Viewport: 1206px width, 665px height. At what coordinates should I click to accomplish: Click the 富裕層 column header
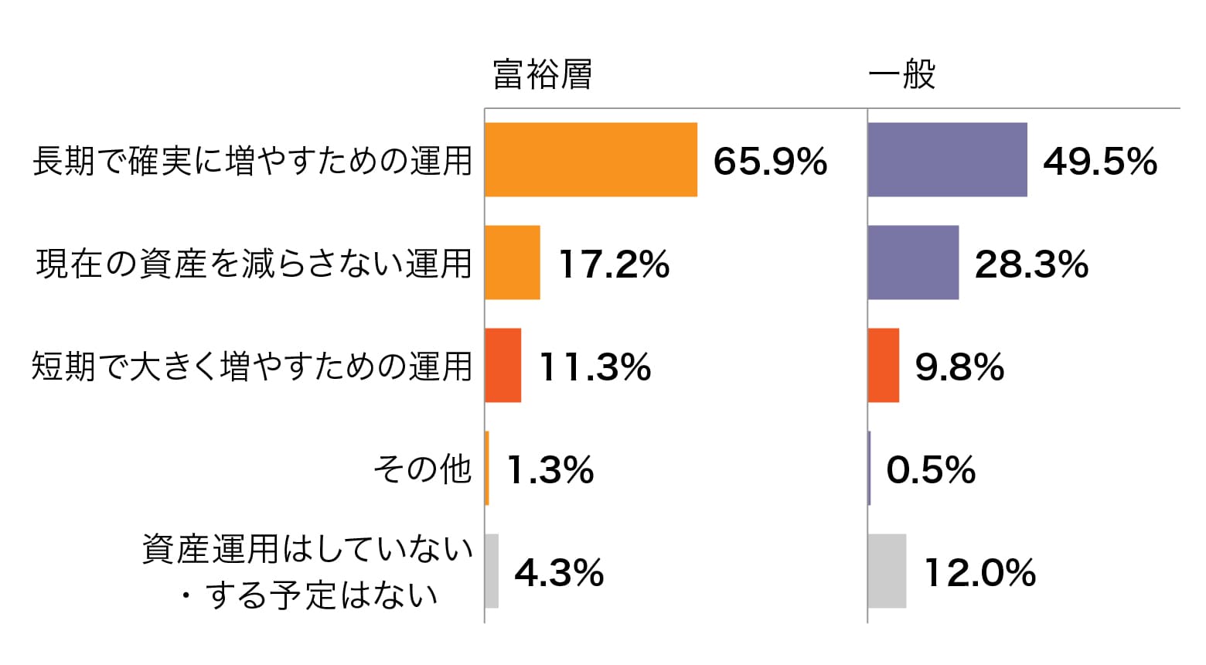(x=543, y=75)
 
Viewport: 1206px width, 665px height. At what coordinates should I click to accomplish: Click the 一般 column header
(x=901, y=75)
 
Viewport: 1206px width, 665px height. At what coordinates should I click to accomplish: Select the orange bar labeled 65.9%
(x=591, y=160)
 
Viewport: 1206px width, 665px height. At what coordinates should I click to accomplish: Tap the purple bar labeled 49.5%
(x=948, y=160)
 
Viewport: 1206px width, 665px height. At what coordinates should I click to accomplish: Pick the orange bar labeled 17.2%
(x=513, y=263)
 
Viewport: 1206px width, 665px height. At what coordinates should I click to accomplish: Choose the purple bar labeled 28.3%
(x=913, y=263)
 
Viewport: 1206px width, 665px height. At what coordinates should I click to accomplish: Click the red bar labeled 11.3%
(x=503, y=366)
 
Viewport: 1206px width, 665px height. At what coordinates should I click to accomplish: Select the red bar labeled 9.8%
(x=884, y=366)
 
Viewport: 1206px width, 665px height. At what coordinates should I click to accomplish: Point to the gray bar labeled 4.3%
(x=492, y=571)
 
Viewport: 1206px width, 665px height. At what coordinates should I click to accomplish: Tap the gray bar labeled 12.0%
(x=887, y=571)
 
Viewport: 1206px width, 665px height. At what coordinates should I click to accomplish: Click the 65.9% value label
(x=770, y=162)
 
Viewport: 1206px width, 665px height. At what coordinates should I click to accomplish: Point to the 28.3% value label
(x=1031, y=264)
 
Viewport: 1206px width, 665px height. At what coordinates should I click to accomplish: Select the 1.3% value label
(x=550, y=470)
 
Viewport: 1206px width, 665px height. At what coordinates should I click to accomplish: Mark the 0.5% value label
(x=931, y=470)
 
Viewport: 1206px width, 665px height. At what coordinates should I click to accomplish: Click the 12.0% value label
(x=980, y=573)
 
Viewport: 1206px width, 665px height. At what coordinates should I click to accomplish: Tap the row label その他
(x=422, y=469)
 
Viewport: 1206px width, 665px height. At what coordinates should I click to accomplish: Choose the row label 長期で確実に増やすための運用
(x=252, y=161)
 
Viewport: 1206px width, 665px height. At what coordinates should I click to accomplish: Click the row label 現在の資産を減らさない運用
(x=254, y=264)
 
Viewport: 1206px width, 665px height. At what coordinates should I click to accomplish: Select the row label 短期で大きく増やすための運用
(x=252, y=367)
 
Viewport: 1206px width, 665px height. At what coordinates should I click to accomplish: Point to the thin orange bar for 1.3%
(x=487, y=469)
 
